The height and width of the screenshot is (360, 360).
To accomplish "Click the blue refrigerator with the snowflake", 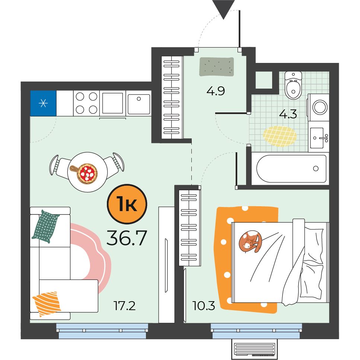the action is click(44, 103).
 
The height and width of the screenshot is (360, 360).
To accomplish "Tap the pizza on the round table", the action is click(87, 173).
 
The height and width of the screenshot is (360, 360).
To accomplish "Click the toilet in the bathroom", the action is click(293, 85).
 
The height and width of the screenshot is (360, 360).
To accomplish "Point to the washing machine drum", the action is click(320, 107).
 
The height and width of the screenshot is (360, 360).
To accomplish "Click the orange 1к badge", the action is click(127, 204).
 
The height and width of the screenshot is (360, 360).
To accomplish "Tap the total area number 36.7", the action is click(127, 238).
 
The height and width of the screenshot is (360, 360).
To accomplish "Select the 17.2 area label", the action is click(124, 306).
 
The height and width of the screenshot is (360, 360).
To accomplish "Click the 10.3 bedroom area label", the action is click(204, 306).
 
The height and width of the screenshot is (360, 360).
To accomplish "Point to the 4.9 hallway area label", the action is click(216, 91).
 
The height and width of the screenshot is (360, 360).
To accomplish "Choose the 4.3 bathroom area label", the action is click(288, 114).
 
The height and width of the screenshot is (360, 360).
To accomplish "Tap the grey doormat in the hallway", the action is click(217, 67).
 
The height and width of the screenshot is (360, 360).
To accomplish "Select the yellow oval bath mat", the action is click(280, 136).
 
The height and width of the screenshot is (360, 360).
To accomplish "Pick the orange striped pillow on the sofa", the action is click(47, 303).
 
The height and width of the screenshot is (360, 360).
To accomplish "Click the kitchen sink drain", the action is click(138, 99).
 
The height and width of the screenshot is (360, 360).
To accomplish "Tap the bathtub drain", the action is click(316, 169).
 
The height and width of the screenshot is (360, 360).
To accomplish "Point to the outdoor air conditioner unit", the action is click(254, 349).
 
